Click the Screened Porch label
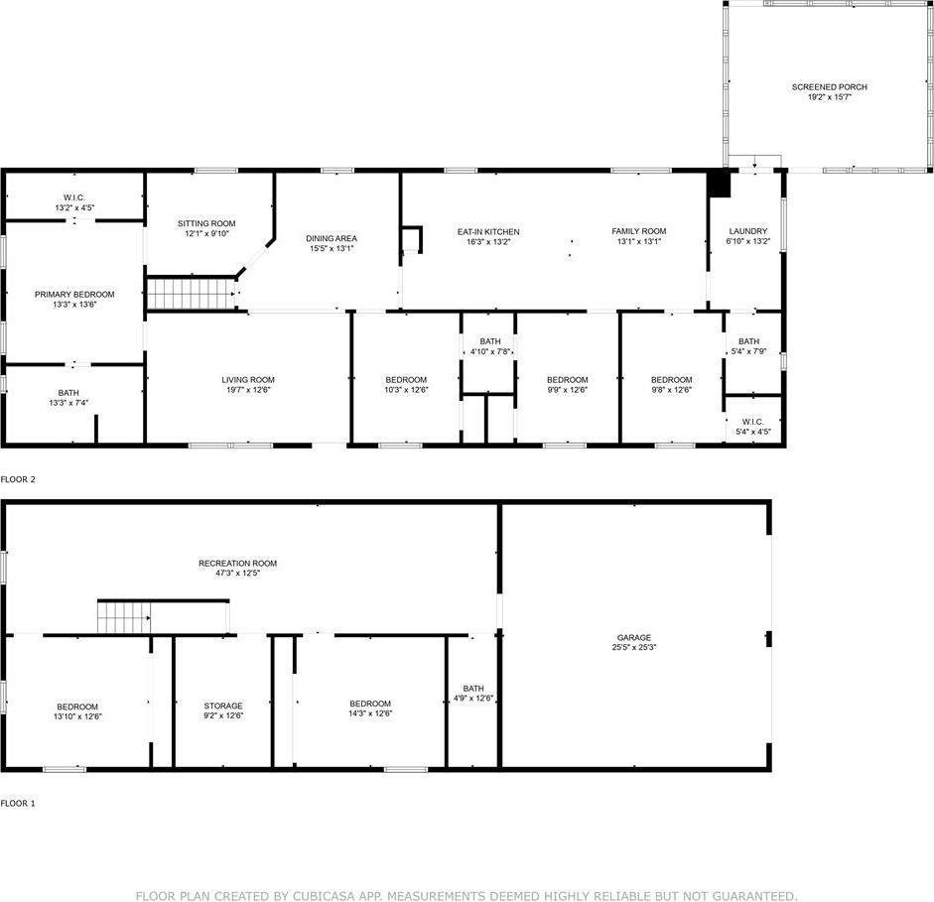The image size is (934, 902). (x=829, y=87)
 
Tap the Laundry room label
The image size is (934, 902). (x=747, y=231)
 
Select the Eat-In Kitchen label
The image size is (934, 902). (x=487, y=231)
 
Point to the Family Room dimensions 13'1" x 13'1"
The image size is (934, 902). (x=638, y=242)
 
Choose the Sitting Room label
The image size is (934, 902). (x=206, y=223)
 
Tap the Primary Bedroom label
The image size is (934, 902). (x=74, y=294)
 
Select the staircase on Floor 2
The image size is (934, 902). (x=193, y=294)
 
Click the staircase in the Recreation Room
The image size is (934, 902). (x=122, y=616)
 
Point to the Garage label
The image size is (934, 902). (x=632, y=637)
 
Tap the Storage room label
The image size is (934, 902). (x=223, y=705)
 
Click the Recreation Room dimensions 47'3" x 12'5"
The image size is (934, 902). (x=237, y=575)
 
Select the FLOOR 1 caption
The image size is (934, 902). (x=18, y=803)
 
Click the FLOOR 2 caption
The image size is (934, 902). (x=18, y=479)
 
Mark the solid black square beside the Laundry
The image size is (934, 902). (x=719, y=184)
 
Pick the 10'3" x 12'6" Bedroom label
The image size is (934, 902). (x=406, y=379)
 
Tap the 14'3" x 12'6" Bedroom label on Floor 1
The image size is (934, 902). (x=369, y=704)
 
